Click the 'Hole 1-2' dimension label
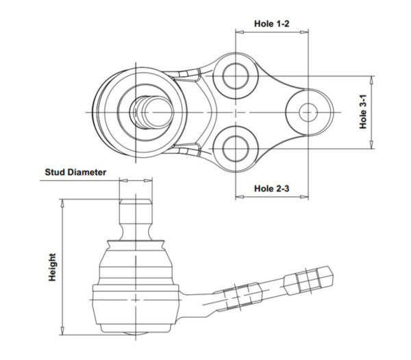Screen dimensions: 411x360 (x=271, y=23)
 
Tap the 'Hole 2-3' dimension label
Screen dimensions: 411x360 (x=271, y=189)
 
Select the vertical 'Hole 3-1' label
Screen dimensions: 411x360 (x=363, y=112)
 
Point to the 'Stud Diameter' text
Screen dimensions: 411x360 (x=75, y=172)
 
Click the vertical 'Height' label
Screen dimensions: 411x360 (x=52, y=267)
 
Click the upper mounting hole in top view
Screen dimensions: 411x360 (x=236, y=76)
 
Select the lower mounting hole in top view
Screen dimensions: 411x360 (x=236, y=149)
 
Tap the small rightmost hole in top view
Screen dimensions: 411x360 (x=308, y=112)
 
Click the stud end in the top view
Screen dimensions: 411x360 (x=158, y=112)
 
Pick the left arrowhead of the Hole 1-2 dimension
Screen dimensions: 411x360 (x=240, y=32)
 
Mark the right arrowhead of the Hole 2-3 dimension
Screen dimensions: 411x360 (x=304, y=197)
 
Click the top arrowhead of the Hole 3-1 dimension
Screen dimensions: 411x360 (x=371, y=80)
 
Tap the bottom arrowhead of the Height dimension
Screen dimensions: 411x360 (x=62, y=331)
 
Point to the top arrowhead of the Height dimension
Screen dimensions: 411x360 (x=62, y=204)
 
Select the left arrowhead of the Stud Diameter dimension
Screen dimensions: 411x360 (x=123, y=180)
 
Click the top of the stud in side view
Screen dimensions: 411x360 (x=136, y=200)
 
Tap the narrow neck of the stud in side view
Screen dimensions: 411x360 (x=136, y=231)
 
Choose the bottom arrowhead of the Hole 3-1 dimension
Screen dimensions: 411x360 (x=371, y=145)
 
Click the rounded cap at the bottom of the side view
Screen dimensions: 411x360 (x=136, y=333)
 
